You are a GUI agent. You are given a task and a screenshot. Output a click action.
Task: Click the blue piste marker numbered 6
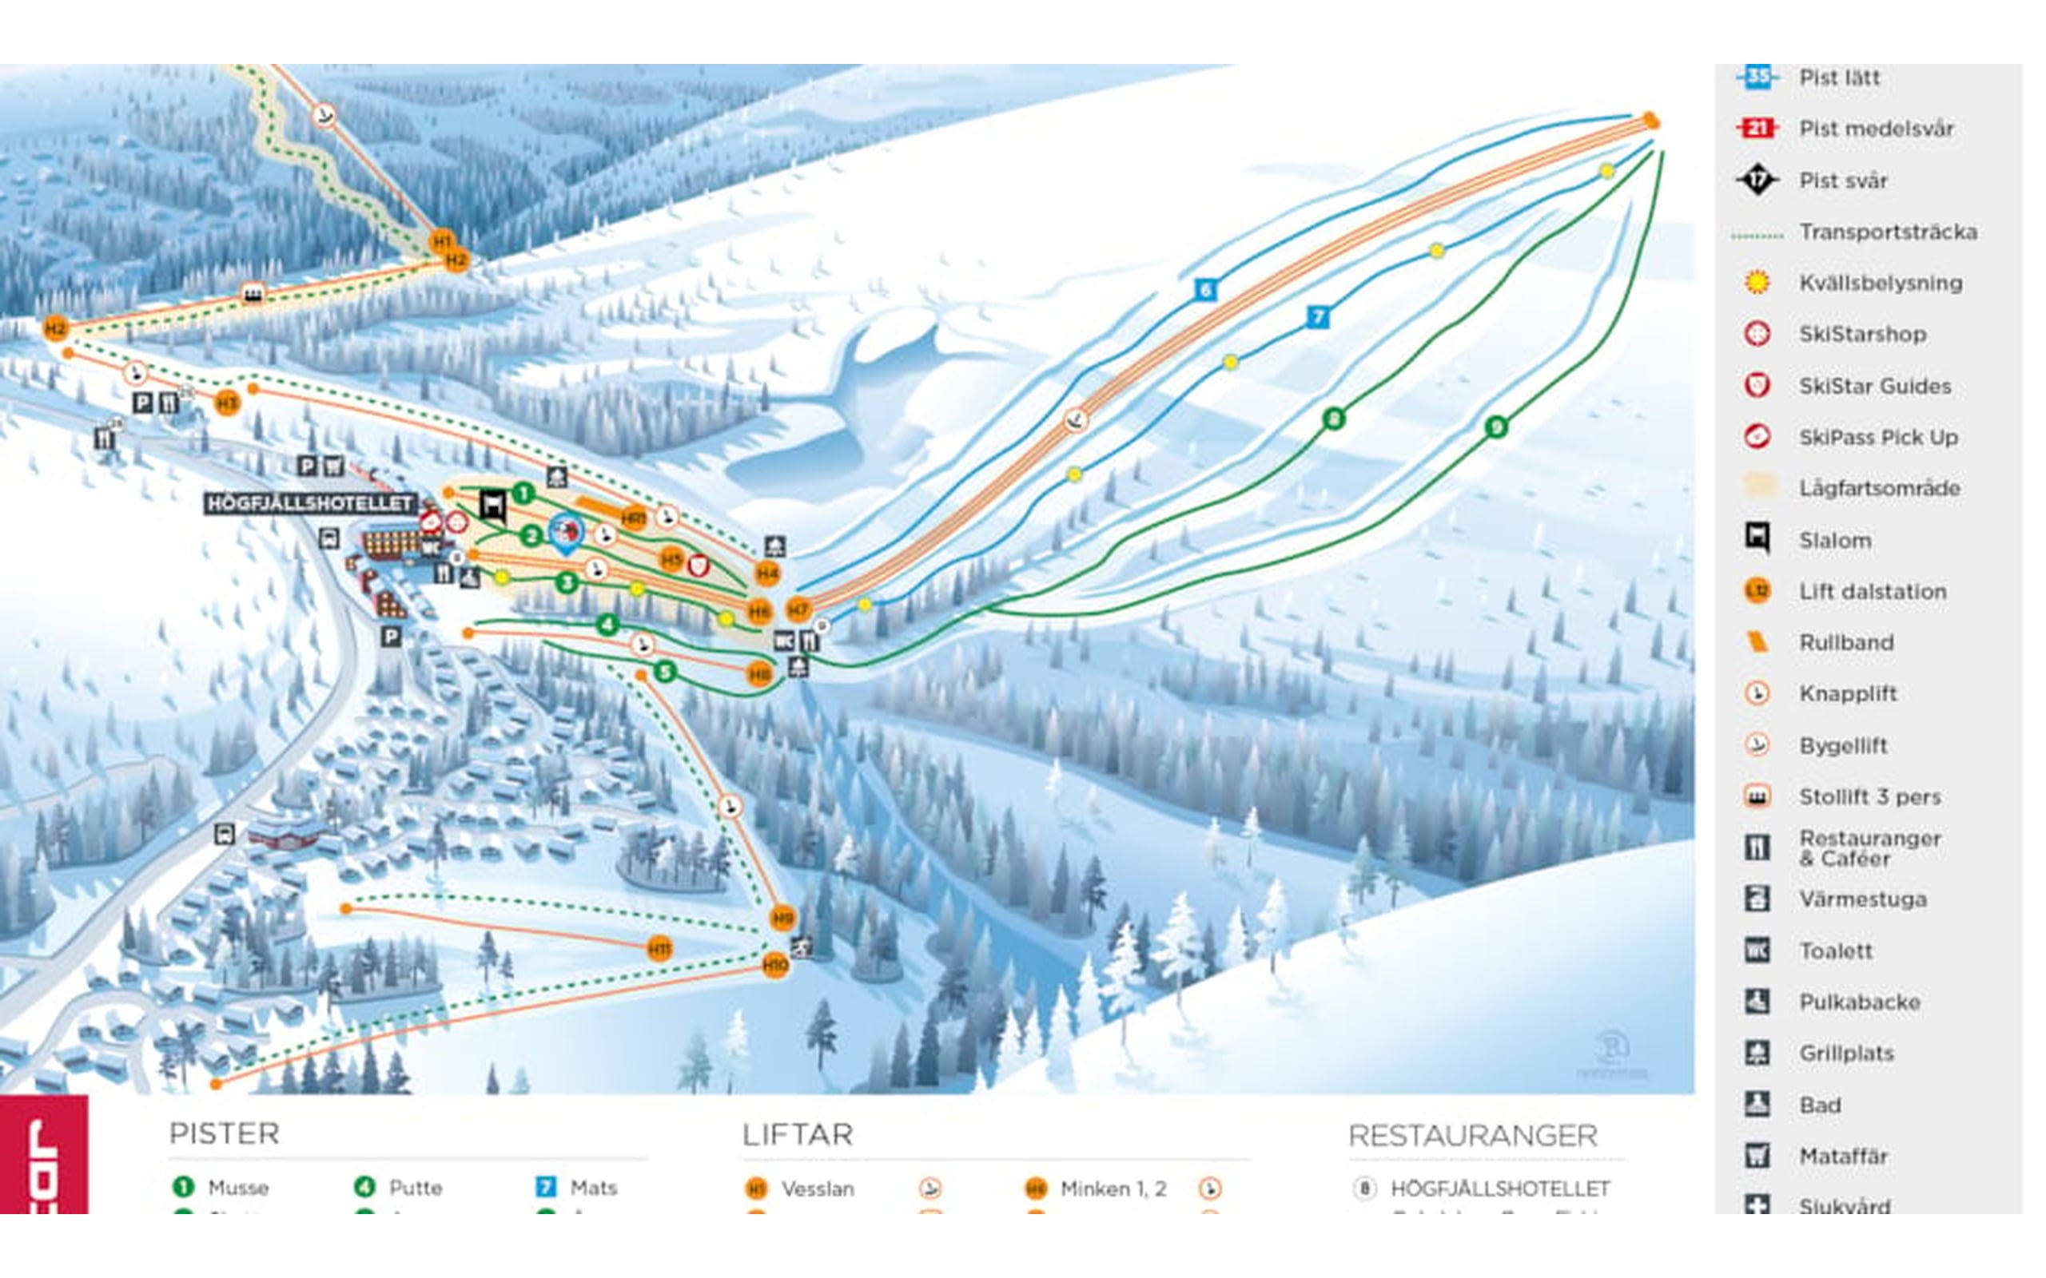(x=1205, y=290)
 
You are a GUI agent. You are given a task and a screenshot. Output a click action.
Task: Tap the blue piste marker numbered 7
(x=1317, y=317)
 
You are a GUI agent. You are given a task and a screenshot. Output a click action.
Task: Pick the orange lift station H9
(x=783, y=918)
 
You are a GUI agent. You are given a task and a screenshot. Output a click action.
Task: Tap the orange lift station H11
(x=659, y=948)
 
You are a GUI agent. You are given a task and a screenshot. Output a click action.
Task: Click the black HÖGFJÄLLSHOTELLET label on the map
(x=310, y=504)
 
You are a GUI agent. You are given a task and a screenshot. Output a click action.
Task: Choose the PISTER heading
(x=224, y=1133)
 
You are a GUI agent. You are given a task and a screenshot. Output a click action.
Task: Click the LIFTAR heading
(x=798, y=1134)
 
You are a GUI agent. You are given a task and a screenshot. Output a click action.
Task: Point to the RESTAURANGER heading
(x=1473, y=1136)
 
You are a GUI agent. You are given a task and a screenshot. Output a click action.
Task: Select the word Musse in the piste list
(x=237, y=1188)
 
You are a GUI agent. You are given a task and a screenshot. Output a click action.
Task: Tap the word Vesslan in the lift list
(x=817, y=1189)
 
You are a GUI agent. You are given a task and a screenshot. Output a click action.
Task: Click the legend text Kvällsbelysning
(x=1881, y=283)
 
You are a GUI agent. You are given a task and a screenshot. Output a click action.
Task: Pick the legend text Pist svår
(x=1843, y=181)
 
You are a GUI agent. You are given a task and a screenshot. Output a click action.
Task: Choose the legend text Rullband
(x=1845, y=642)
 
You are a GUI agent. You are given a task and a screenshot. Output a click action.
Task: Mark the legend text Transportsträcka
(x=1888, y=232)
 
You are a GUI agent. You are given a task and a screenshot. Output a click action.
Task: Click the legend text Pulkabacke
(x=1859, y=1002)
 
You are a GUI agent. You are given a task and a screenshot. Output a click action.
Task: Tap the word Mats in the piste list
(x=594, y=1188)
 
